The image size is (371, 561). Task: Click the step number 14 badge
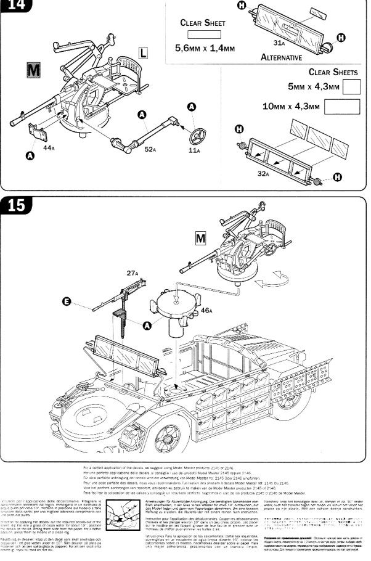15,6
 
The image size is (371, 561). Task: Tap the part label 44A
49,149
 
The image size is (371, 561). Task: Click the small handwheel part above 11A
197,134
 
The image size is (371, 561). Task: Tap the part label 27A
132,272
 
